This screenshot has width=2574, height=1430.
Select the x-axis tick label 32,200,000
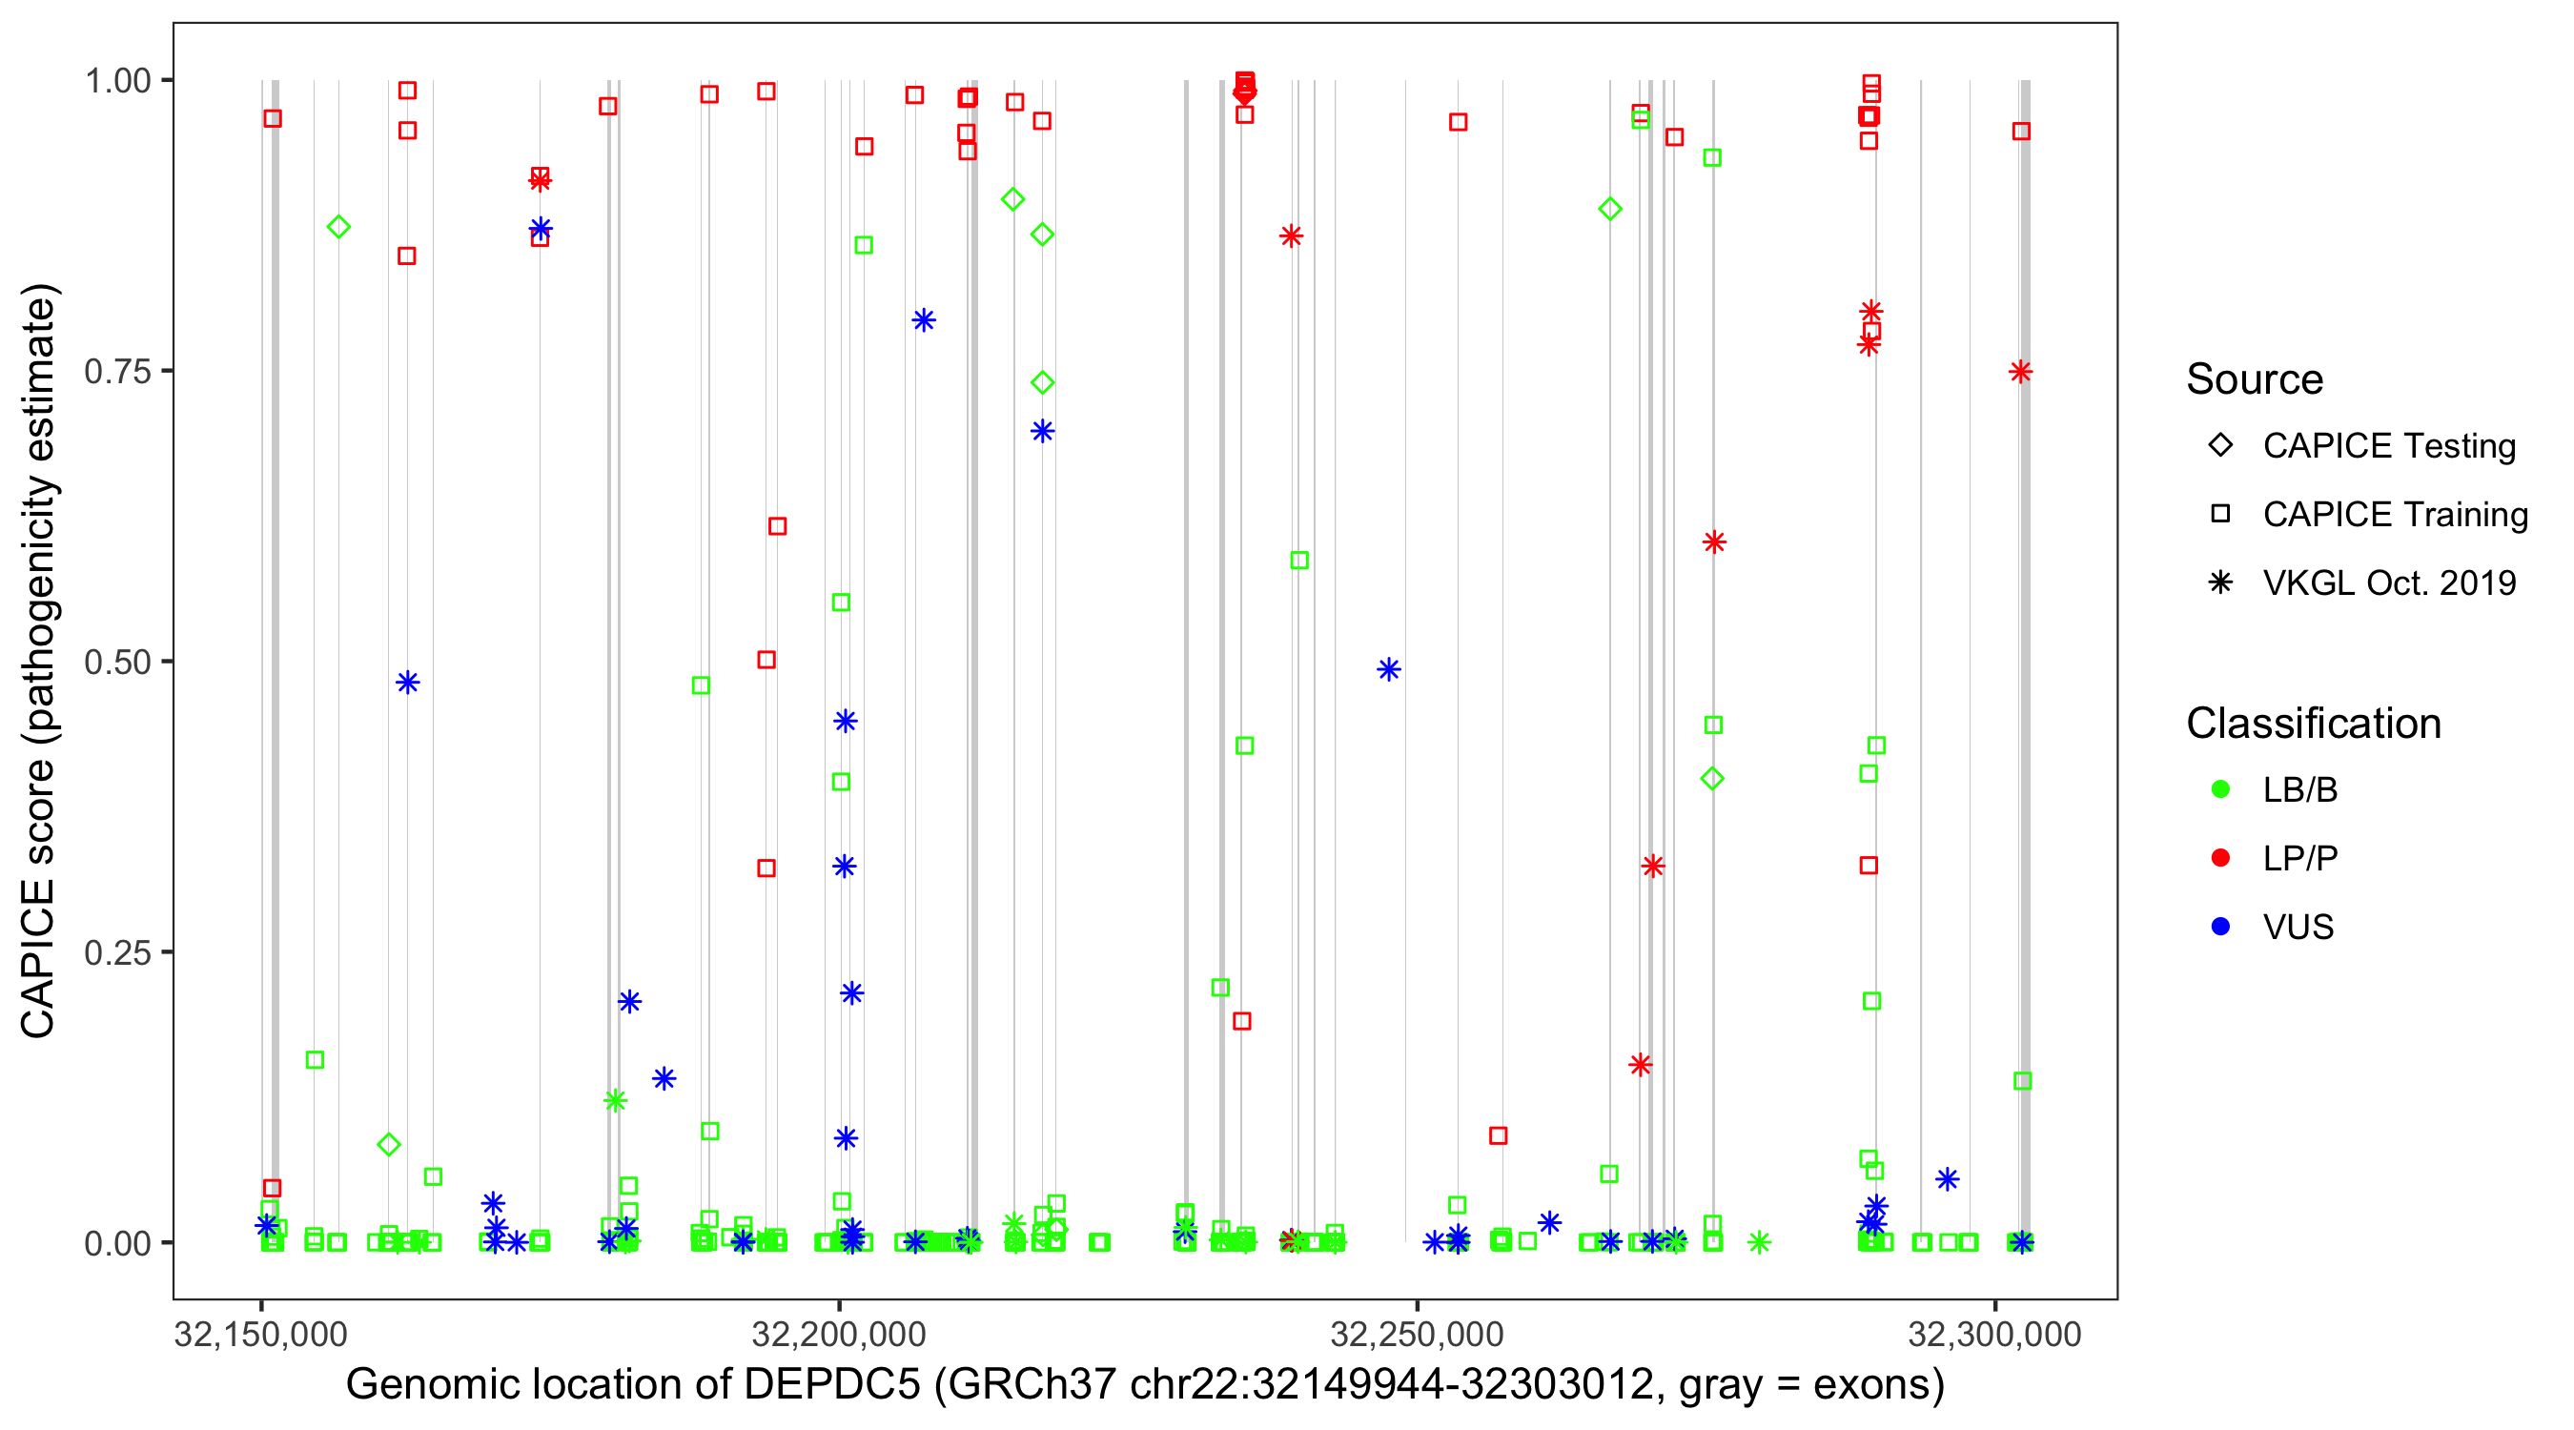click(838, 1335)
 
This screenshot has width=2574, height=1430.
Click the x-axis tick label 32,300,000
click(1994, 1335)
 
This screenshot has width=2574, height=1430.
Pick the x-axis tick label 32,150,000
click(261, 1335)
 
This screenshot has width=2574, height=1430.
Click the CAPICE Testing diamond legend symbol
click(2220, 446)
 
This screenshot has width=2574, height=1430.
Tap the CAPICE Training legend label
click(2394, 515)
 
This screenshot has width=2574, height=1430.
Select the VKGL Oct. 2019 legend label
click(2388, 583)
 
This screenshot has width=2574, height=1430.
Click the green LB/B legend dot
click(2220, 790)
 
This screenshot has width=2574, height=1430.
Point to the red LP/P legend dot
click(2220, 858)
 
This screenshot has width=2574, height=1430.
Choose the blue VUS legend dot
click(2220, 928)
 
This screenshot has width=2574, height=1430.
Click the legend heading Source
click(2255, 379)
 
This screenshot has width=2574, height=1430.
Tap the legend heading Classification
click(2313, 724)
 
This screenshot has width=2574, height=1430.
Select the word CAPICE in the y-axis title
click(38, 957)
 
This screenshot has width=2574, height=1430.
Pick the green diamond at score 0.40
click(1713, 780)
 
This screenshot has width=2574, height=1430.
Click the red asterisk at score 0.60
click(1714, 542)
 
